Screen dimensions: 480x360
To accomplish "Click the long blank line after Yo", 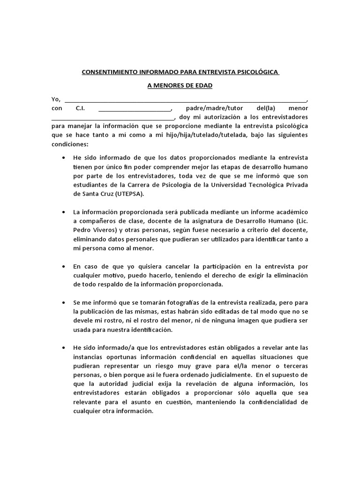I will coord(186,100).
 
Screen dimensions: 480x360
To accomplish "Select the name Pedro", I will coord(83,230).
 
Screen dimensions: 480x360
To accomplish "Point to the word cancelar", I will coord(156,266).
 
